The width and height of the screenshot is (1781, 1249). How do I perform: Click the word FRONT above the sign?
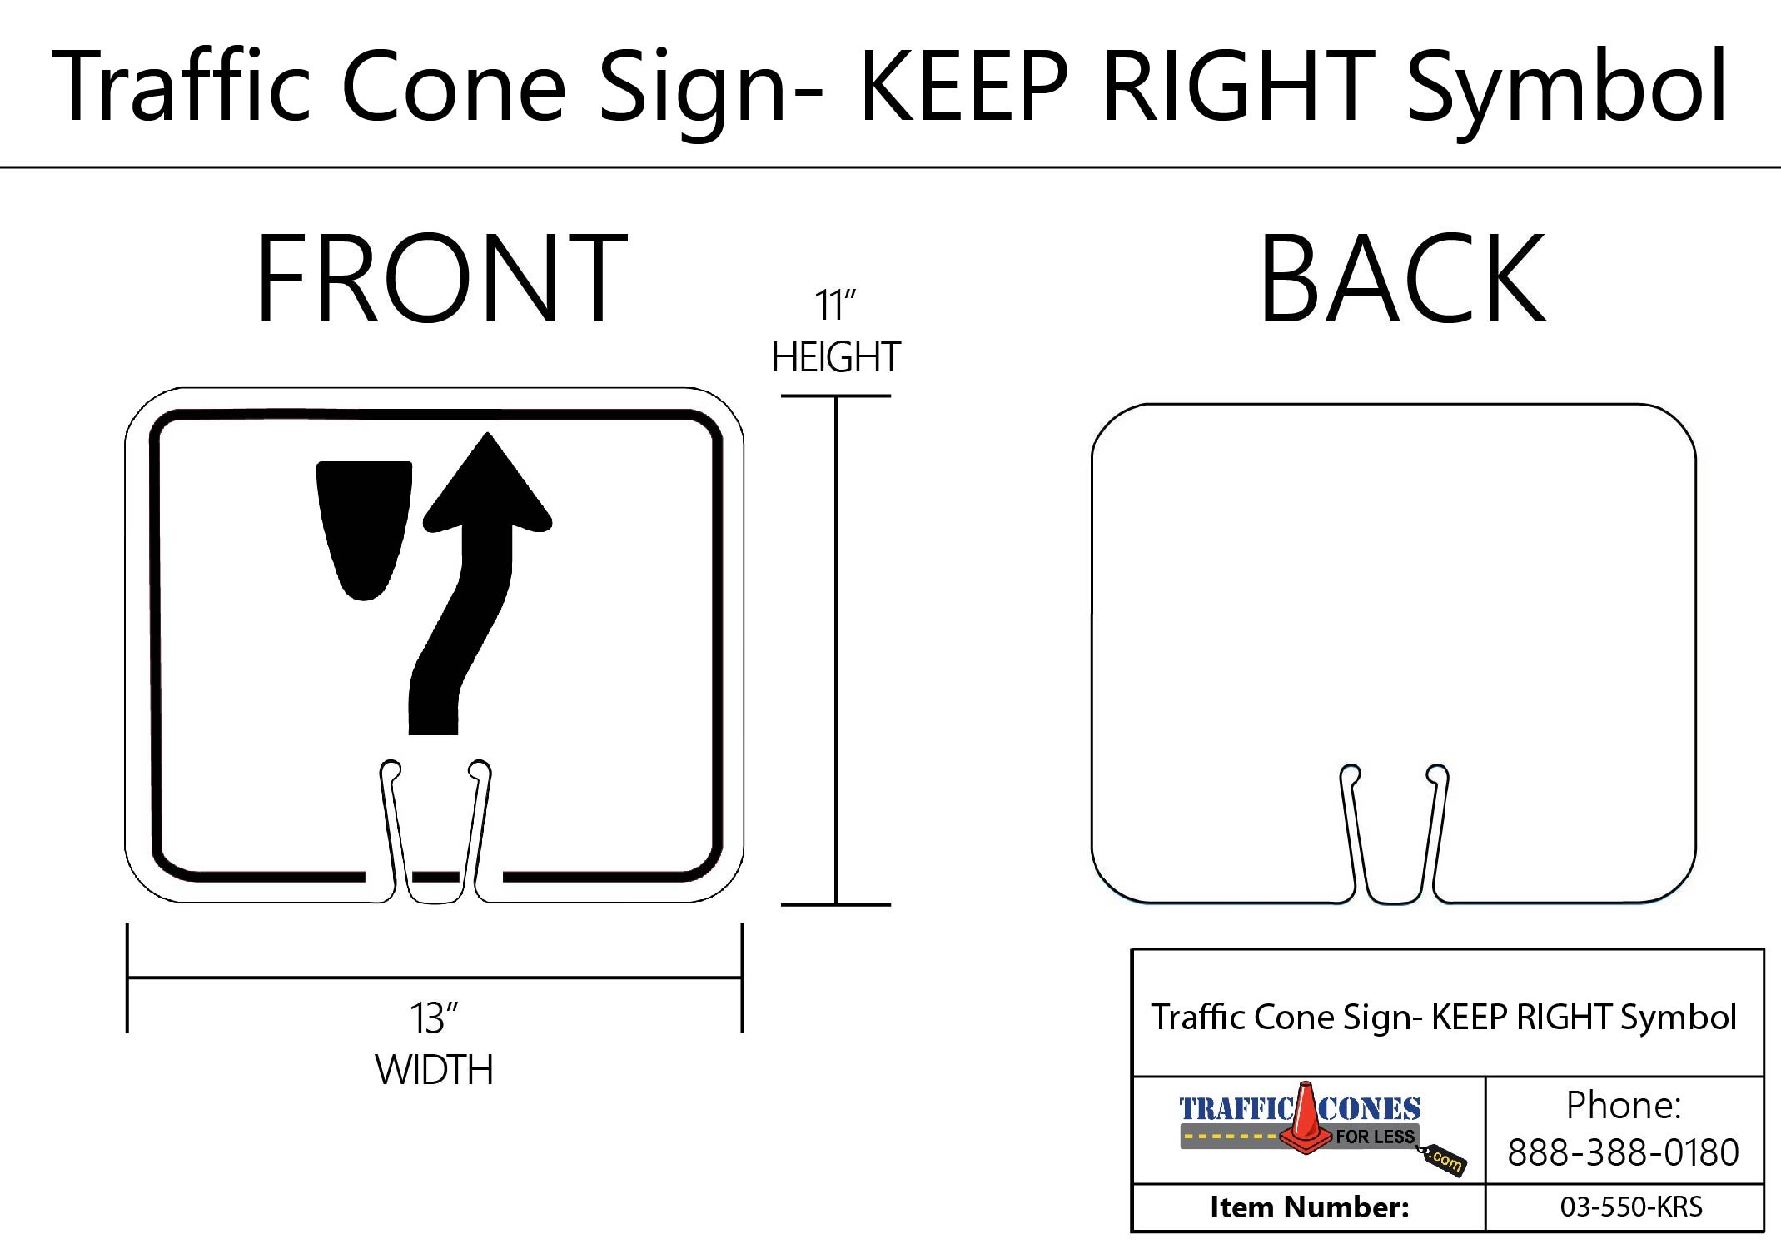coord(441,279)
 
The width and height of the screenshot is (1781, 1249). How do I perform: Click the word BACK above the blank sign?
coord(1402,279)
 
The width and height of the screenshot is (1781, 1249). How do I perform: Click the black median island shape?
coord(365,525)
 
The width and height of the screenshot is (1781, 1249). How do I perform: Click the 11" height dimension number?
coord(835,306)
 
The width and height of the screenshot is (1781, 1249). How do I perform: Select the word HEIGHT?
coord(835,358)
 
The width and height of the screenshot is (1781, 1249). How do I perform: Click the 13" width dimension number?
coord(434,1018)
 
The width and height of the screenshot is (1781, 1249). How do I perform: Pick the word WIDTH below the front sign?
coord(434,1070)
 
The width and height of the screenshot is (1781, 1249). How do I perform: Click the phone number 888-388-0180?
coord(1623,1153)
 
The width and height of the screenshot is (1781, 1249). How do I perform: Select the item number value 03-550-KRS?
coord(1631,1207)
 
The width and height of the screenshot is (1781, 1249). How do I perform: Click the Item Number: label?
coord(1309,1207)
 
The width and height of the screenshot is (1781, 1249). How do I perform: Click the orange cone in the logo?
coord(1305,1120)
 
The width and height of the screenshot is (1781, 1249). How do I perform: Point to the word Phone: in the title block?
coord(1623,1106)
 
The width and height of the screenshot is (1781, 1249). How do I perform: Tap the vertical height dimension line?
coord(836,649)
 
